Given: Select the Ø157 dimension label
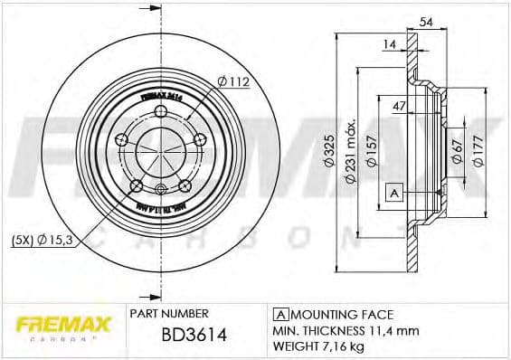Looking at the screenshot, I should pos(371,152).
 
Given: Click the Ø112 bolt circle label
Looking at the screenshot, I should pos(232,83).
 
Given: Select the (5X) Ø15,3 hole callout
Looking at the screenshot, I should pos(43,240).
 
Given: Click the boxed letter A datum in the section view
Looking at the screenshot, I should pos(393,192).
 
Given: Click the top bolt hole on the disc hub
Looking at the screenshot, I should pos(161,112).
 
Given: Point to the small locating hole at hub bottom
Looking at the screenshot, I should pos(160,188).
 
